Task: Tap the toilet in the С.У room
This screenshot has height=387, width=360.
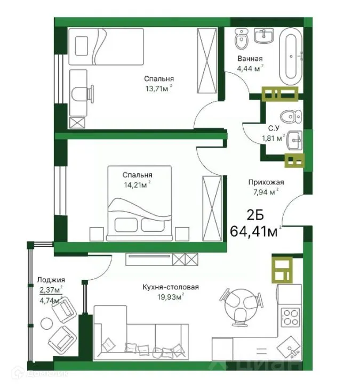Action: click(x=291, y=116)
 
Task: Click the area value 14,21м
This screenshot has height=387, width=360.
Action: click(x=136, y=185)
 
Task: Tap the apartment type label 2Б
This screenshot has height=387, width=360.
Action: click(x=254, y=216)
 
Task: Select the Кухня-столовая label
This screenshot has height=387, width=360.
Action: click(x=171, y=287)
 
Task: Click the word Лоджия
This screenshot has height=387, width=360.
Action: click(x=51, y=279)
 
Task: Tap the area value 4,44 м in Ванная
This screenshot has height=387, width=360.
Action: click(x=249, y=68)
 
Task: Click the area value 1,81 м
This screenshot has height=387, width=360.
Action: click(x=271, y=138)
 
